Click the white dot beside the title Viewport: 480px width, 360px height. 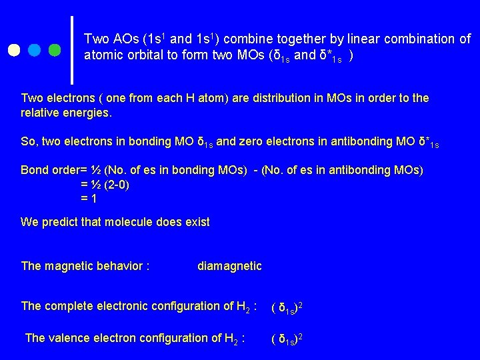[x=14, y=51]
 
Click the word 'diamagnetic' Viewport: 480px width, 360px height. [x=229, y=267]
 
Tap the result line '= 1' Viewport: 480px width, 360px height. [x=89, y=198]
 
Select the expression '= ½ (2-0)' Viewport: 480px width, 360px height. [x=105, y=184]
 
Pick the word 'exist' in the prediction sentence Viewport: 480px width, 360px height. [x=196, y=222]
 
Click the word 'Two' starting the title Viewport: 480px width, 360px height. [x=95, y=39]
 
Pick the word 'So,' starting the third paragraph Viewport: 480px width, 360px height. [x=30, y=141]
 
